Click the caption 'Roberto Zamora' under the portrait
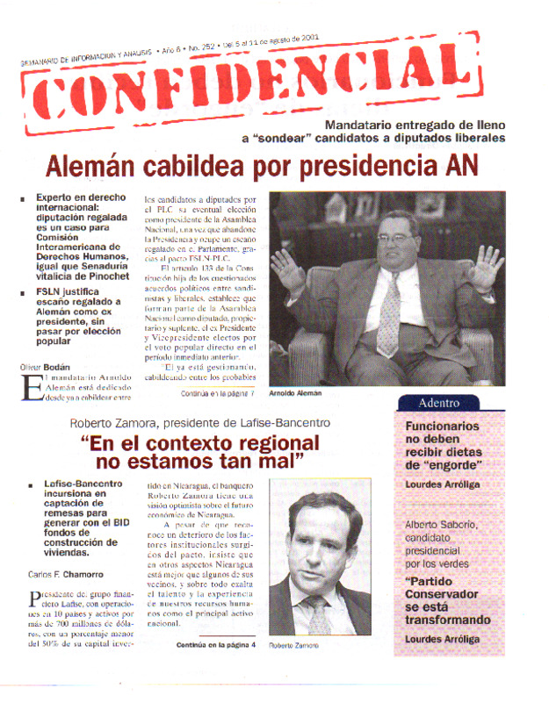tap(294, 645)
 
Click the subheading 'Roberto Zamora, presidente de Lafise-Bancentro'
tap(200, 423)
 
